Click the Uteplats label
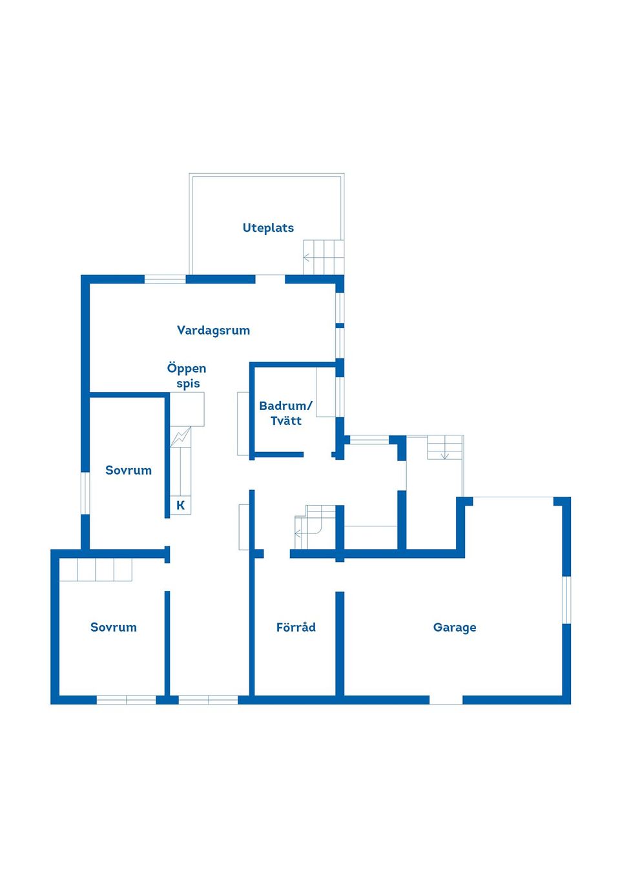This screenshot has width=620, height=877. pyautogui.click(x=268, y=227)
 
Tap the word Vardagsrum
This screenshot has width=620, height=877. pyautogui.click(x=213, y=330)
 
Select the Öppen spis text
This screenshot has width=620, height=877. pyautogui.click(x=187, y=375)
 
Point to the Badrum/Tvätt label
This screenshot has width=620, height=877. pyautogui.click(x=285, y=413)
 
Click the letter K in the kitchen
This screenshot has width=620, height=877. pyautogui.click(x=180, y=505)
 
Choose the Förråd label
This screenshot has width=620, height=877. pyautogui.click(x=296, y=627)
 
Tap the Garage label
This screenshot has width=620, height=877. pyautogui.click(x=455, y=627)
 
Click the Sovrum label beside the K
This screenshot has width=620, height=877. pyautogui.click(x=129, y=470)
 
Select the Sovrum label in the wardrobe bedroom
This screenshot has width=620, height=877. pyautogui.click(x=114, y=627)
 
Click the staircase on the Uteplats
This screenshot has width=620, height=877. pyautogui.click(x=324, y=257)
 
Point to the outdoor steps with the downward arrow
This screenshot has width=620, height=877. pyautogui.click(x=445, y=447)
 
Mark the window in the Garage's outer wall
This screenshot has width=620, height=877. pyautogui.click(x=566, y=599)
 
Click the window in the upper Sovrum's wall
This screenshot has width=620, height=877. pyautogui.click(x=85, y=493)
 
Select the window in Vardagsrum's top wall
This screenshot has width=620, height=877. pyautogui.click(x=165, y=280)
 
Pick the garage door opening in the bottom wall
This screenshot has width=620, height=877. pyautogui.click(x=446, y=700)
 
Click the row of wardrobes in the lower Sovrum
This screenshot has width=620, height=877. pyautogui.click(x=96, y=570)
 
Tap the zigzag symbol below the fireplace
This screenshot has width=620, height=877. pyautogui.click(x=180, y=437)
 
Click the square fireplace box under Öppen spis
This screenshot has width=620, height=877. pyautogui.click(x=187, y=409)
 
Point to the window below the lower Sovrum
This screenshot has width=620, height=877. pyautogui.click(x=127, y=700)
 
